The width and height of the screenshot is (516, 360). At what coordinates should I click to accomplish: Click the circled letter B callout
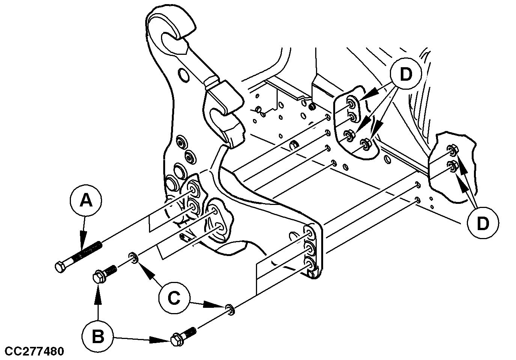98,336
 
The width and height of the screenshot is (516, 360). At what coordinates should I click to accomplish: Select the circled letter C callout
174,298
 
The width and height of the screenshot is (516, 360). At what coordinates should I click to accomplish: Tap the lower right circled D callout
483,223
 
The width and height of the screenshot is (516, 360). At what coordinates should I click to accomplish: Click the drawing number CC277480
32,352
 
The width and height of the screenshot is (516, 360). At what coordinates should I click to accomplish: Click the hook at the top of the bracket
171,32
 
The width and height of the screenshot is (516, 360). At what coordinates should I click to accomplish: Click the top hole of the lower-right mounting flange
310,233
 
